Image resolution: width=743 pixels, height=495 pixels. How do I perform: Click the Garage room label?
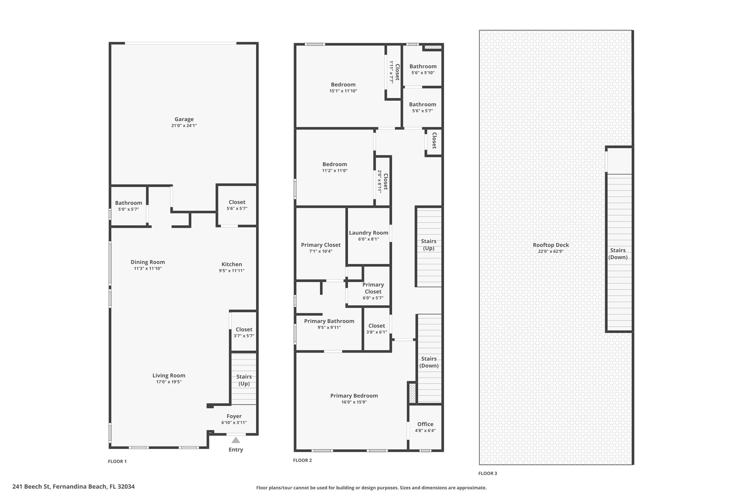[x=184, y=119]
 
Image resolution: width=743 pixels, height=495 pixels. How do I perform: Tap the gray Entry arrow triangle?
[x=236, y=440]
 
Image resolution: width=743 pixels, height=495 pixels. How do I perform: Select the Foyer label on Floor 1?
[x=234, y=416]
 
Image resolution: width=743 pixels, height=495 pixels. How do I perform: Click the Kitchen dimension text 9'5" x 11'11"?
[x=231, y=271]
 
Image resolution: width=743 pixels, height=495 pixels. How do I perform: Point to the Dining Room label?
[x=148, y=262]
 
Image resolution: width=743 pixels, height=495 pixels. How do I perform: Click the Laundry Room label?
[x=369, y=233]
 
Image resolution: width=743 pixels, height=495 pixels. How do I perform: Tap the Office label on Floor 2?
[x=425, y=424]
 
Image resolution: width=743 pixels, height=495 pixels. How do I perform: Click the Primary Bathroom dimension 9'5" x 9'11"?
[x=329, y=327]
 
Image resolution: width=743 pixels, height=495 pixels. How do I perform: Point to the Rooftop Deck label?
[x=551, y=245]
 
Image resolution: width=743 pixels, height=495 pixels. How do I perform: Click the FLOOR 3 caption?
[x=488, y=473]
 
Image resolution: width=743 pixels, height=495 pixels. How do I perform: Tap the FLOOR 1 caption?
[x=117, y=461]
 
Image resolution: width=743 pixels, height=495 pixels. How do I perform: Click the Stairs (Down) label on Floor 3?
[x=618, y=254]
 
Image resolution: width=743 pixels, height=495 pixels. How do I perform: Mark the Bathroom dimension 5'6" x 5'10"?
[x=423, y=73]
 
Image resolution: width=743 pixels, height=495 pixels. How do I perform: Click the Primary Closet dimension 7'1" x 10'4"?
[x=321, y=251]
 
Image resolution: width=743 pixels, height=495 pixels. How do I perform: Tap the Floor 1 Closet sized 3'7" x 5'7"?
[x=244, y=333]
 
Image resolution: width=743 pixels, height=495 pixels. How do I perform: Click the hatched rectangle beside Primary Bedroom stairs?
[x=412, y=393]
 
